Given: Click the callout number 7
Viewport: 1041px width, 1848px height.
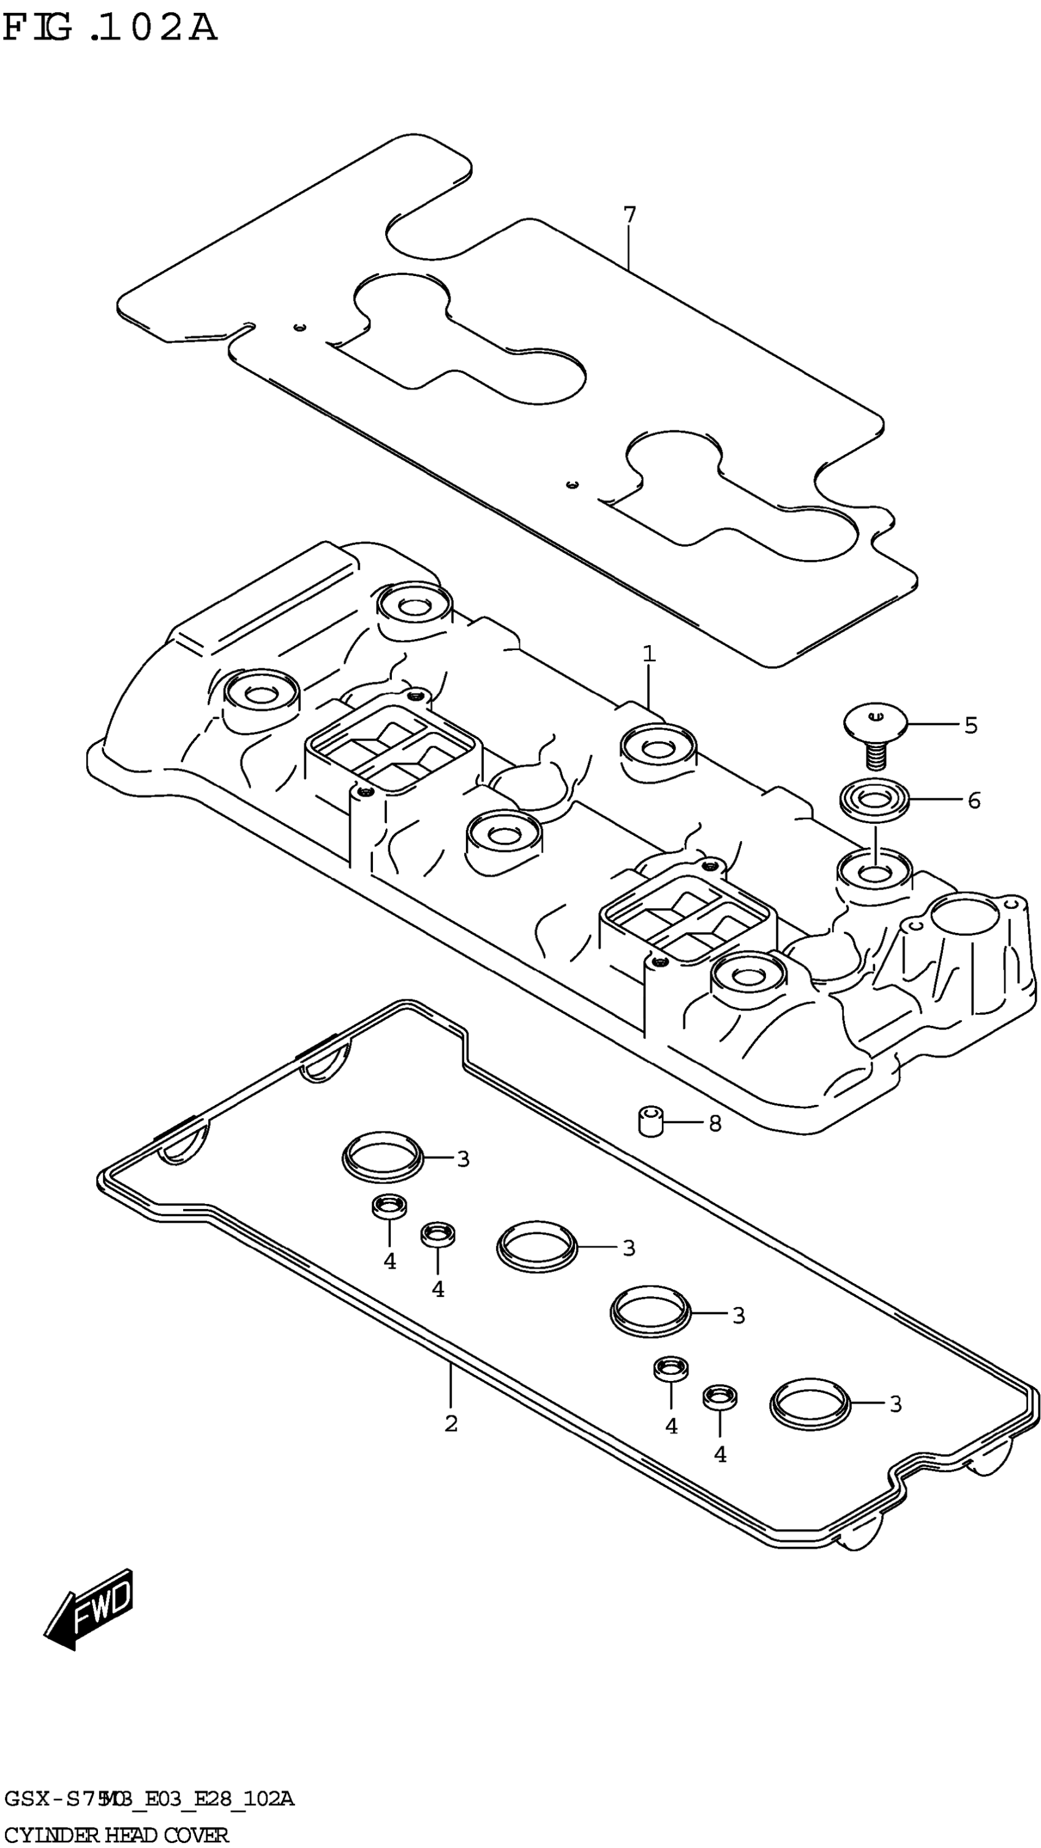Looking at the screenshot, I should (x=629, y=214).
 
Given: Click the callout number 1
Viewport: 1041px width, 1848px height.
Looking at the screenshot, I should (x=648, y=654).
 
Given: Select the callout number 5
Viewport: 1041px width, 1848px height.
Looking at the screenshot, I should (x=971, y=725).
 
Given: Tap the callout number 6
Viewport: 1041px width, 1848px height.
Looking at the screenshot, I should (x=974, y=800).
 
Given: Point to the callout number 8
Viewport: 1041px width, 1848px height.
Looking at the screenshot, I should (x=715, y=1123).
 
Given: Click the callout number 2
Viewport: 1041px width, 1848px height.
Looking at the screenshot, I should (x=451, y=1423).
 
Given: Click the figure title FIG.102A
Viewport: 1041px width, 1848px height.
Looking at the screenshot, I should (x=109, y=29).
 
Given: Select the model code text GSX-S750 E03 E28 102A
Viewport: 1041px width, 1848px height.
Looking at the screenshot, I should (x=149, y=1798).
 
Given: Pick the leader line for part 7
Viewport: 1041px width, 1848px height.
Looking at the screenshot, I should (x=629, y=247).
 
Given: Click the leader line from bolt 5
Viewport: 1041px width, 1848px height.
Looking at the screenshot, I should (x=933, y=725).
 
